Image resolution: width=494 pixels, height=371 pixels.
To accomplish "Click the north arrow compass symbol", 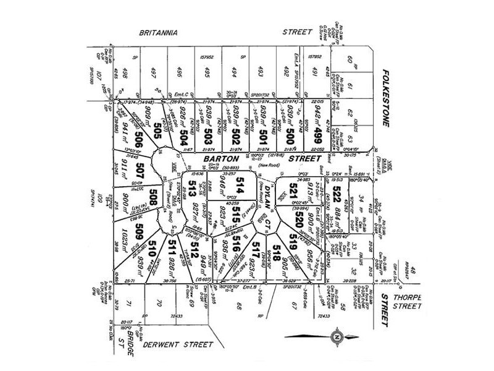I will pos(335,336).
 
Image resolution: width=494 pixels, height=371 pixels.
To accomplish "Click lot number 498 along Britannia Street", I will pos(127,74).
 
